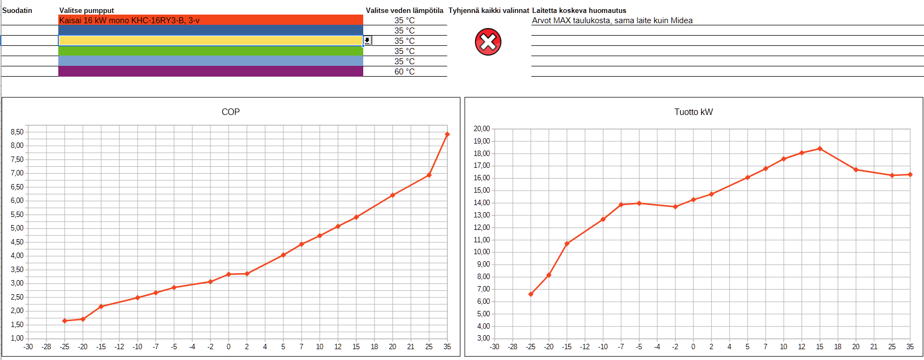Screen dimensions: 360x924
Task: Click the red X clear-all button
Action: (x=488, y=42)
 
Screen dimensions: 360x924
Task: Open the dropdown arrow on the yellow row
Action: (x=367, y=40)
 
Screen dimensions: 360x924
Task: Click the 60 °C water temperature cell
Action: (x=404, y=71)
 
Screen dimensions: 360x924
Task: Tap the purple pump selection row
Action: (x=210, y=71)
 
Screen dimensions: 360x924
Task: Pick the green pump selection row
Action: (x=210, y=51)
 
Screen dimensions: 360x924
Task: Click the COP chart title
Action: (x=230, y=112)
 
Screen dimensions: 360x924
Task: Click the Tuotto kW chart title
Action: (x=694, y=112)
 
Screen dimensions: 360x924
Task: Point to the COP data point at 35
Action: (x=447, y=134)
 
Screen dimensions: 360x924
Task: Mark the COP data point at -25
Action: (x=65, y=321)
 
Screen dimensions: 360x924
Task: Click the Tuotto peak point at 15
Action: (x=820, y=148)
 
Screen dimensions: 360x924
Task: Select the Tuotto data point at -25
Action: (x=531, y=294)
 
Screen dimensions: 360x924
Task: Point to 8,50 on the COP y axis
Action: (x=17, y=132)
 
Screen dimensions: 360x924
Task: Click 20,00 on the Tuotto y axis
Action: (x=481, y=128)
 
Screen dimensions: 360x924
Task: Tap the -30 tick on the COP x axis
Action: (x=28, y=347)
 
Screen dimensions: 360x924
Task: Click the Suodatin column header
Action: (x=17, y=10)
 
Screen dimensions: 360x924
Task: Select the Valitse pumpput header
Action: (x=86, y=10)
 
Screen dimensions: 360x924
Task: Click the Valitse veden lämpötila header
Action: (x=404, y=10)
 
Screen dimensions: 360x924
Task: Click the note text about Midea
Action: (x=612, y=21)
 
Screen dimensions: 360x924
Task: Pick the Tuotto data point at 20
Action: (x=856, y=169)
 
